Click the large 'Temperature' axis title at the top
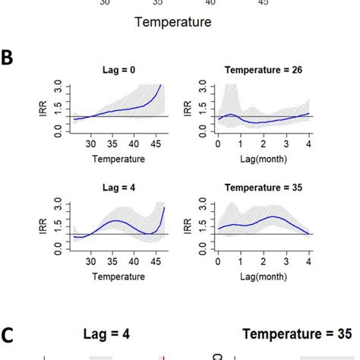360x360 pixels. pos(172,22)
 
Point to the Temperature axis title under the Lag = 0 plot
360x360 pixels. pos(115,160)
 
